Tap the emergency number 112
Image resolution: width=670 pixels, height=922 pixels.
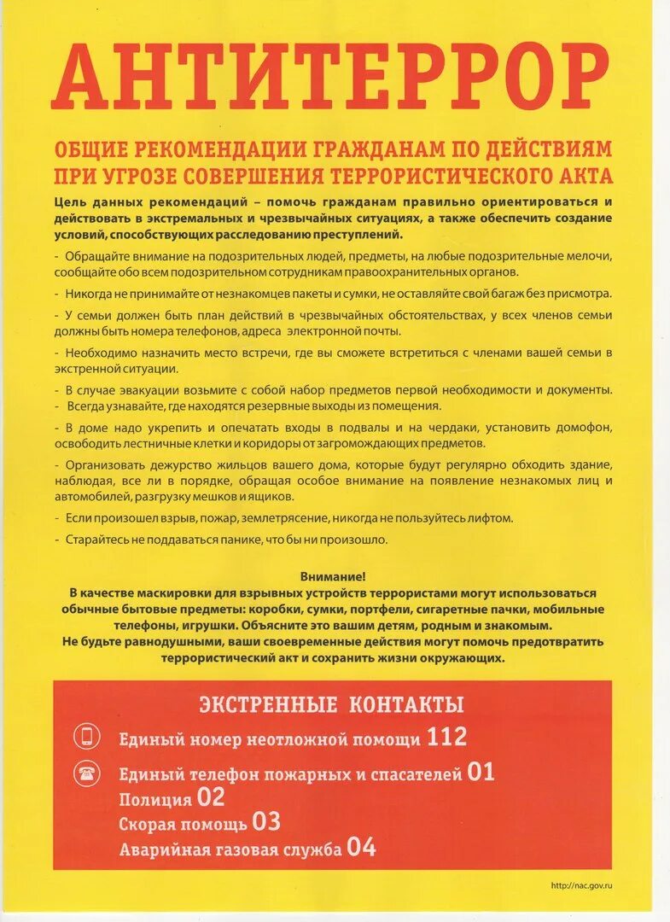[x=447, y=737]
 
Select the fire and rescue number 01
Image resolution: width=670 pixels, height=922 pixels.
[x=481, y=773]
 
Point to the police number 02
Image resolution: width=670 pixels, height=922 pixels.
[x=211, y=798]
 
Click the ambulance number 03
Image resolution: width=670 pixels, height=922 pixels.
[x=266, y=823]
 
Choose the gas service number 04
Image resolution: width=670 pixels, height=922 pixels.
[x=362, y=848]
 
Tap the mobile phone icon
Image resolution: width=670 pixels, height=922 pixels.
[x=87, y=737]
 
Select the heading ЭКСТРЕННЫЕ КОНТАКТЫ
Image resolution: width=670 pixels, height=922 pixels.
[x=331, y=704]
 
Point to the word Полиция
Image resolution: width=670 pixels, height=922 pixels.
[x=155, y=800]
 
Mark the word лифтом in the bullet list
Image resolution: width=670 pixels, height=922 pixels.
[x=492, y=518]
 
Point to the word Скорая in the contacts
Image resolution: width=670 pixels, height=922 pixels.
[x=146, y=825]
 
